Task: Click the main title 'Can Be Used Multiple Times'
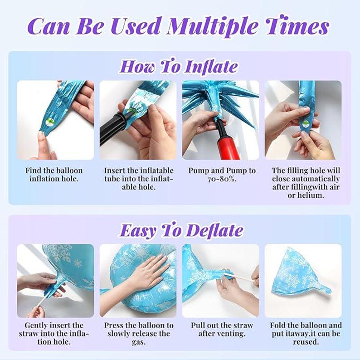click(180, 26)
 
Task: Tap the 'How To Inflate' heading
click(178, 67)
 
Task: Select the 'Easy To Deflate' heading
click(181, 230)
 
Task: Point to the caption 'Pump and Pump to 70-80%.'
click(222, 175)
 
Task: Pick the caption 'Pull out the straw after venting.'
click(221, 329)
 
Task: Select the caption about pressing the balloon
click(138, 333)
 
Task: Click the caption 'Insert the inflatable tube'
click(138, 179)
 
